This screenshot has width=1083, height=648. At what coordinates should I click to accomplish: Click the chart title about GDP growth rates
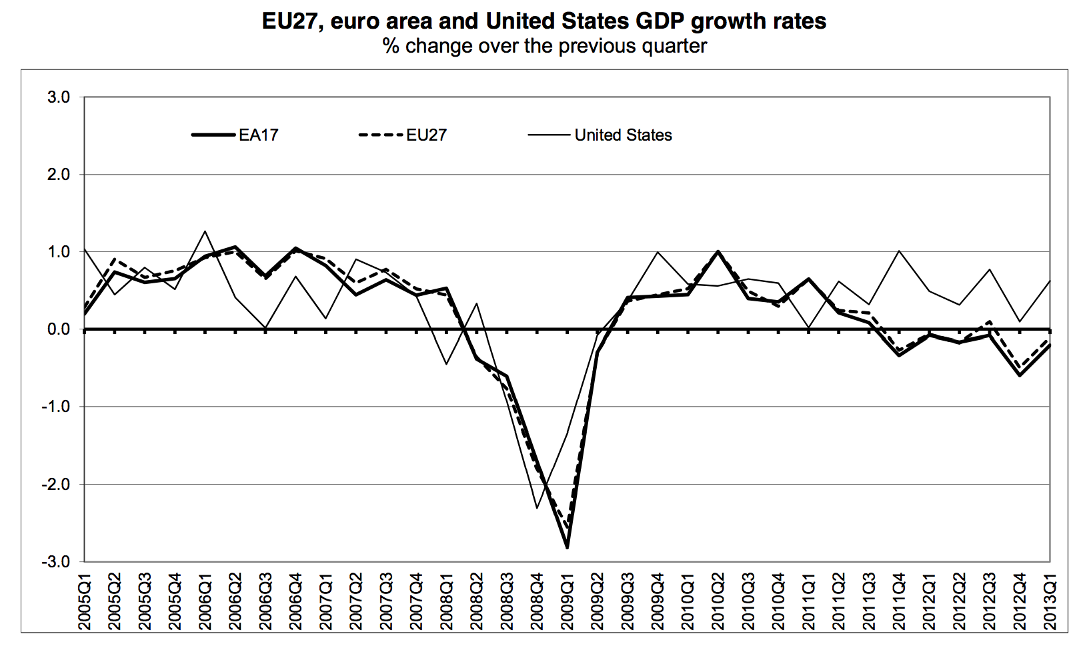click(x=544, y=21)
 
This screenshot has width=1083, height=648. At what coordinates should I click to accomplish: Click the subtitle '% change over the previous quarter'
click(x=544, y=46)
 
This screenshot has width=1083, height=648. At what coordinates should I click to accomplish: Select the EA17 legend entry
click(x=258, y=135)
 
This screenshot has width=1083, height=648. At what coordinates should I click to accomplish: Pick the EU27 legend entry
click(x=426, y=135)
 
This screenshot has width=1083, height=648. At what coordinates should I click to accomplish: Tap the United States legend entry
click(x=623, y=135)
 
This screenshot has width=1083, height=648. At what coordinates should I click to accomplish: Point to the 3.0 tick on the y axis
click(x=59, y=97)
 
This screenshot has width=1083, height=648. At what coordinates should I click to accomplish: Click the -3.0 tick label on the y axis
click(x=56, y=562)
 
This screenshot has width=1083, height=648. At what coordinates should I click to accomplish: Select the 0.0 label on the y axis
click(x=59, y=329)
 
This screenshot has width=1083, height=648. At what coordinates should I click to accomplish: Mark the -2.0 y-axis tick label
click(x=56, y=485)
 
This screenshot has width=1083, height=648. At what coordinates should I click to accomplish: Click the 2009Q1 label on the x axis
click(x=568, y=604)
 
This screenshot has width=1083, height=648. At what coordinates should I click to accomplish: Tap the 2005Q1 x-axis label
click(x=85, y=604)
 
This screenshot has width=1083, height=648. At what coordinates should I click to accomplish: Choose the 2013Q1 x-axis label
click(x=1050, y=604)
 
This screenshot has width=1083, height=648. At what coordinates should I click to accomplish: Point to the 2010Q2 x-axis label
click(x=718, y=604)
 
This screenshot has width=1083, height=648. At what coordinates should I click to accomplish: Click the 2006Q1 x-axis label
click(x=205, y=604)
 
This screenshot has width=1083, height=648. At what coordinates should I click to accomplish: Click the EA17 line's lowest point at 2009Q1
click(x=567, y=547)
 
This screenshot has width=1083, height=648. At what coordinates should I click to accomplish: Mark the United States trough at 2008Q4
click(x=537, y=508)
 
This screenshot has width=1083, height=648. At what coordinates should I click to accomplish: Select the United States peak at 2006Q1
click(x=205, y=231)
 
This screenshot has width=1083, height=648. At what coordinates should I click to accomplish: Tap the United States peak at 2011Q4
click(x=899, y=251)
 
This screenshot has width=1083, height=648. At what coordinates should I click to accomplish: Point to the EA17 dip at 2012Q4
click(x=1020, y=375)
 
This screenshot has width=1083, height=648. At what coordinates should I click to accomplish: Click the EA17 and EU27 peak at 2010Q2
click(x=718, y=251)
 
